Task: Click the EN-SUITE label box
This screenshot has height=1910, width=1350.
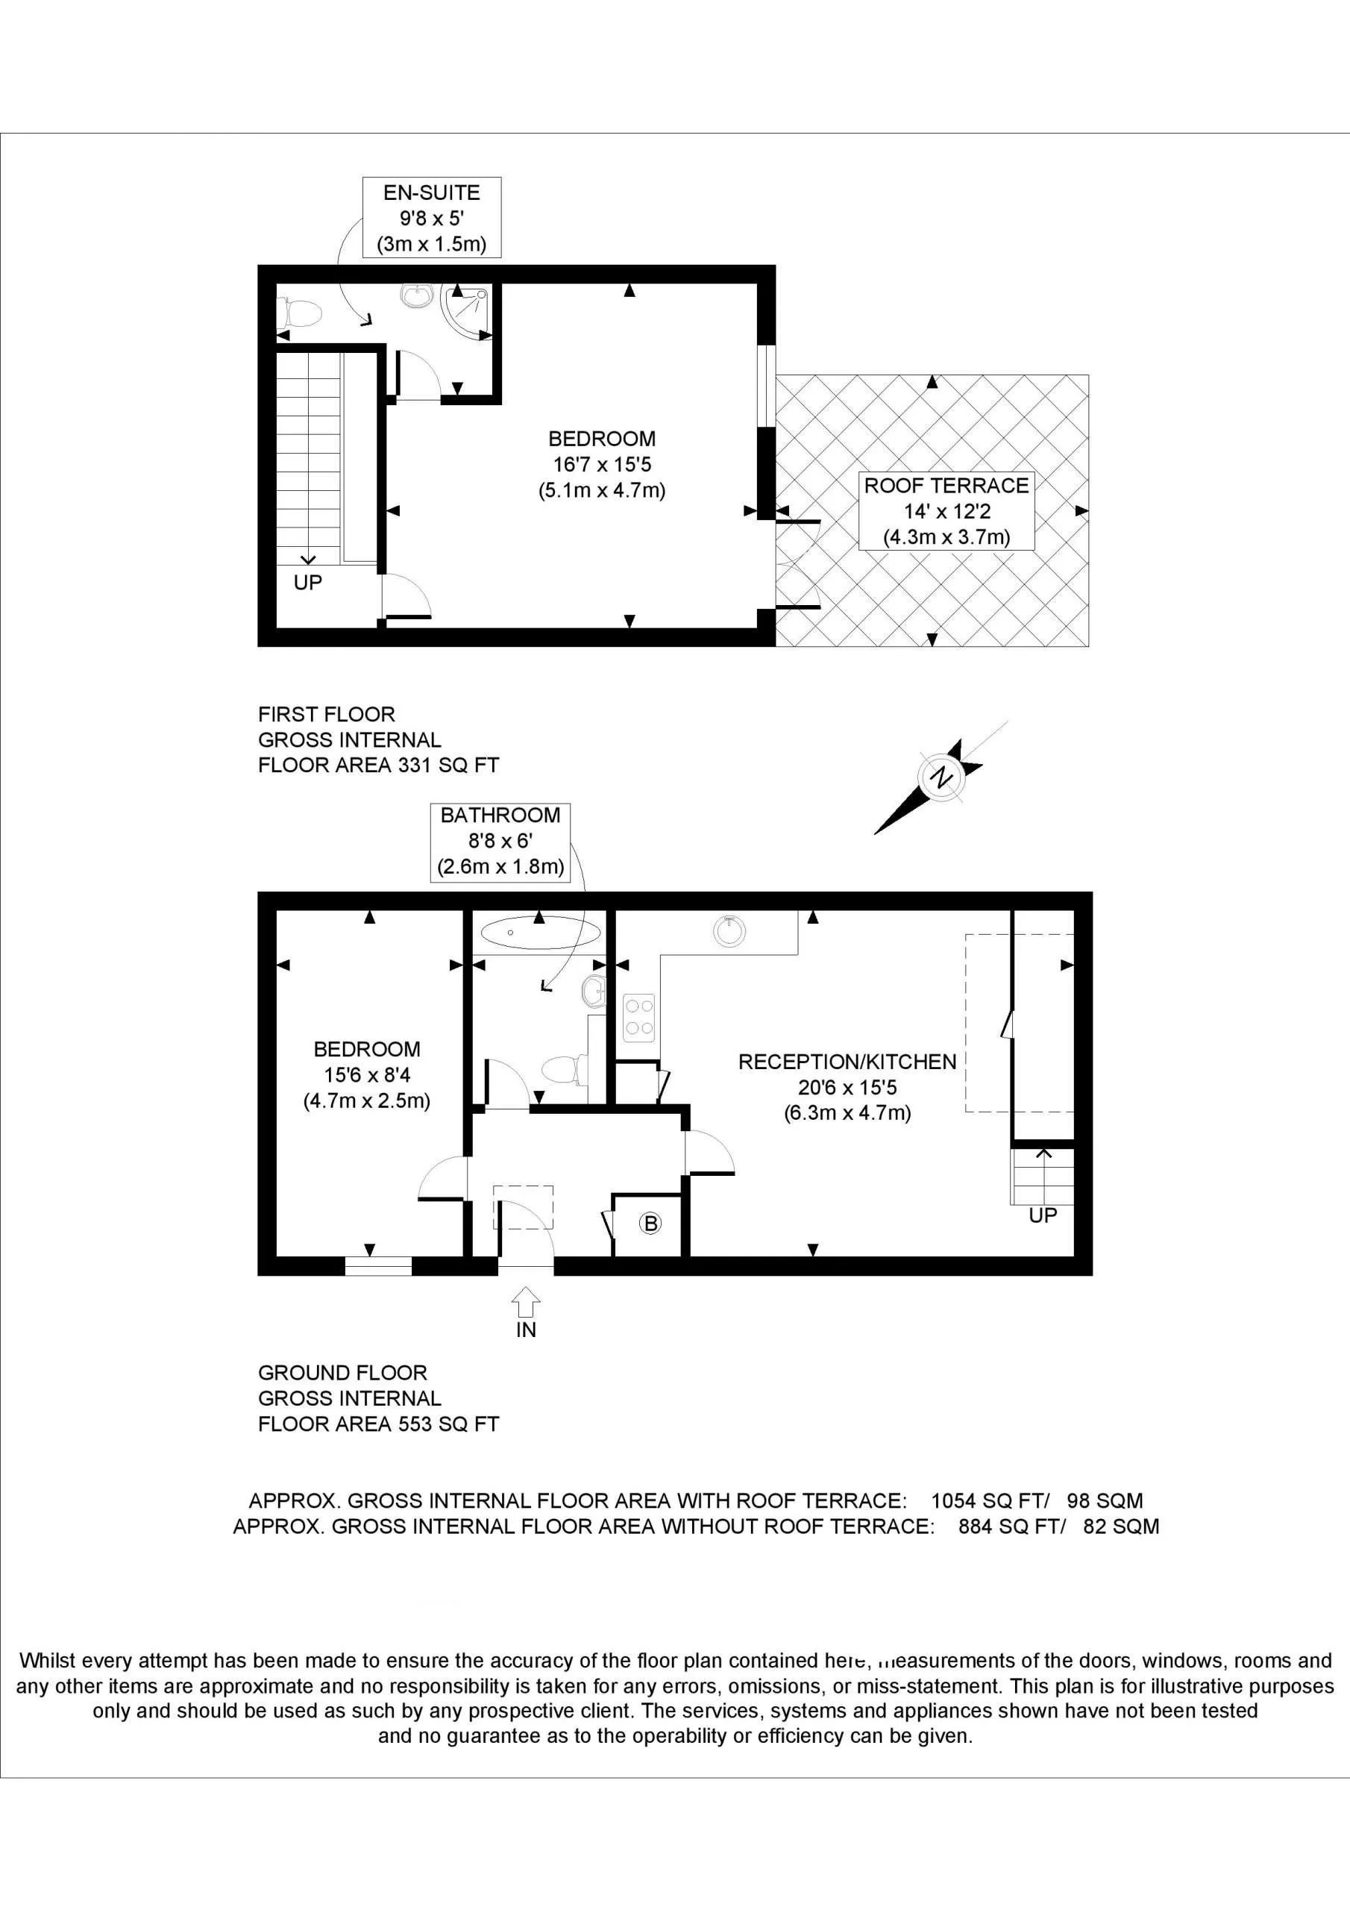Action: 431,218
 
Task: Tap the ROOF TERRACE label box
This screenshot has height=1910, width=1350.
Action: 946,511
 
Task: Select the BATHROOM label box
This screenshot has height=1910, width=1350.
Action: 500,841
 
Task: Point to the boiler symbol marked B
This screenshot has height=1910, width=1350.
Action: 650,1223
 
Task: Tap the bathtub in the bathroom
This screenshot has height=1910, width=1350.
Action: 540,933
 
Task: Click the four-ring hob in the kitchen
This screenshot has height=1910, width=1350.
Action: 638,1018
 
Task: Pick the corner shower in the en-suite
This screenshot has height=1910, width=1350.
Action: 467,310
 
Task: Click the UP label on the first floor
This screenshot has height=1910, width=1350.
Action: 308,582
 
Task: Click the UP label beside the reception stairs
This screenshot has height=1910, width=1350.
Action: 1042,1215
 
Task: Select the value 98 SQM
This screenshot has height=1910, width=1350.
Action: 1105,1500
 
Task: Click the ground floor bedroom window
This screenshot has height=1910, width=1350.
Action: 378,1266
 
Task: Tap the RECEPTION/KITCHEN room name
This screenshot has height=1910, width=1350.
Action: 847,1062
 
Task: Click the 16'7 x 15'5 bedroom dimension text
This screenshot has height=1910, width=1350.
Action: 601,464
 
